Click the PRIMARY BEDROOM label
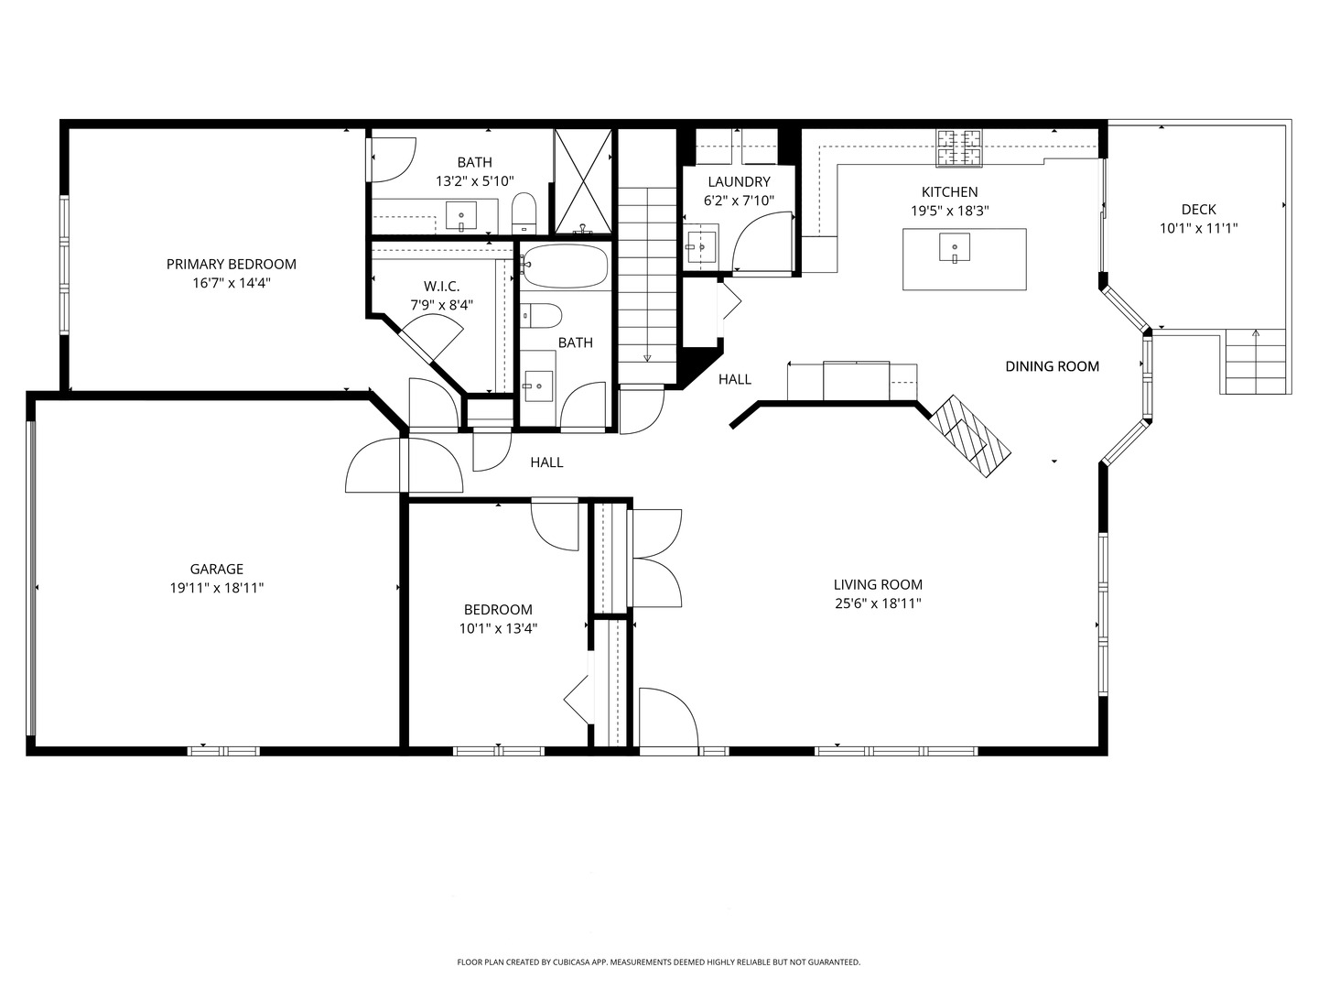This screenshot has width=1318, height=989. (x=231, y=265)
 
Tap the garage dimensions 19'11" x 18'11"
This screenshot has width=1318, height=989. (x=217, y=588)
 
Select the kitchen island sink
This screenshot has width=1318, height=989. (x=955, y=248)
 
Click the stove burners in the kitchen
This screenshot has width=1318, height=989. (x=958, y=148)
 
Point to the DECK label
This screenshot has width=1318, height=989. (x=1198, y=210)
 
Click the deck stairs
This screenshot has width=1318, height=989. (x=1255, y=363)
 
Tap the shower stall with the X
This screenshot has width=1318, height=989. (x=583, y=180)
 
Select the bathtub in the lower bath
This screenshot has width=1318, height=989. (x=564, y=266)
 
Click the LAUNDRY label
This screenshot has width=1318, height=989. (x=739, y=182)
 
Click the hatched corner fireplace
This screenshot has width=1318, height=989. (x=970, y=436)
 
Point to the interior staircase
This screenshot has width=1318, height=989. (x=647, y=284)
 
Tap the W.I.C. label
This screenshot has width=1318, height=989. (x=441, y=287)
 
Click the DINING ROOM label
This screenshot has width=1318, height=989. (x=1052, y=366)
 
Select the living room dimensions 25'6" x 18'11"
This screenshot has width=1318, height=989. (x=877, y=603)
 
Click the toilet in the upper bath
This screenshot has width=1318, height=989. (x=524, y=212)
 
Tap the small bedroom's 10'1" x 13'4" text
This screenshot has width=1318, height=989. (x=498, y=629)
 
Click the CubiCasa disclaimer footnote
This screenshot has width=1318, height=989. (x=658, y=962)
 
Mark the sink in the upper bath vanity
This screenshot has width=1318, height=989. (x=460, y=216)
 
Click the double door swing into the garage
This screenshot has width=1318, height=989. (x=405, y=465)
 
